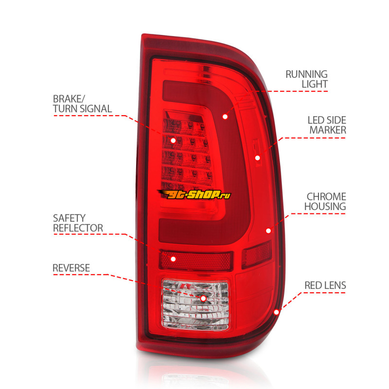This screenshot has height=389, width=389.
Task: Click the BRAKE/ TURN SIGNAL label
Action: pyautogui.click(x=82, y=104)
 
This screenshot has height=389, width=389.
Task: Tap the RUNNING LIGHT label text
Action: pyautogui.click(x=306, y=79)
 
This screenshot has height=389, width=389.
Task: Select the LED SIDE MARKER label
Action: pyautogui.click(x=327, y=125)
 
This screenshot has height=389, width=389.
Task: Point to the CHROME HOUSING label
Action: pyautogui.click(x=325, y=201)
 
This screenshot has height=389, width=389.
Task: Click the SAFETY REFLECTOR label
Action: pyautogui.click(x=78, y=223)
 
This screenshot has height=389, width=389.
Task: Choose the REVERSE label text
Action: pyautogui.click(x=71, y=267)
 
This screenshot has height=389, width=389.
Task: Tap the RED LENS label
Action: pyautogui.click(x=325, y=285)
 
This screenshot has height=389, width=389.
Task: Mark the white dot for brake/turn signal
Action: pyautogui.click(x=173, y=140)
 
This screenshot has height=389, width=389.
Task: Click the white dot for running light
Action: pyautogui.click(x=225, y=116)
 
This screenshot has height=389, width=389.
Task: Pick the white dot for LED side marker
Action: pyautogui.click(x=257, y=158)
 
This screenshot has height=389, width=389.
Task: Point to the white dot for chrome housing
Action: pyautogui.click(x=268, y=230)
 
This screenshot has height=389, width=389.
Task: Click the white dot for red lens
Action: pyautogui.click(x=277, y=311)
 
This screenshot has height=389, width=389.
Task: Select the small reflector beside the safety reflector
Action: pyautogui.click(x=257, y=254)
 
